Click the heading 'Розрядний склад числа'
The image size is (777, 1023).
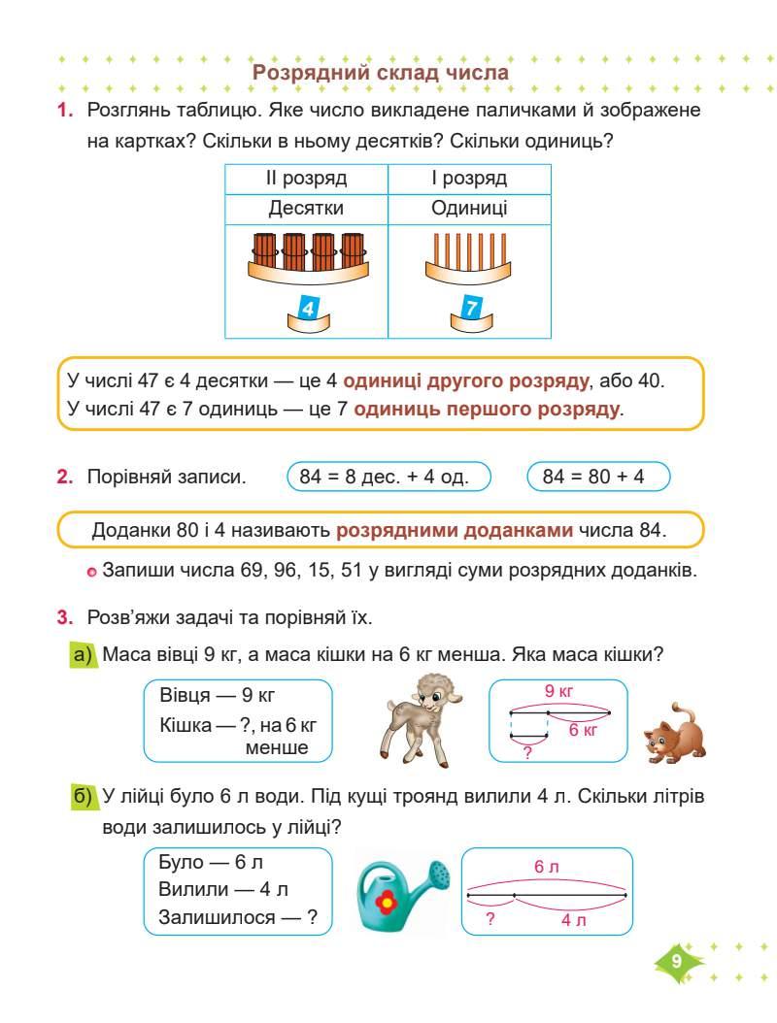(x=381, y=72)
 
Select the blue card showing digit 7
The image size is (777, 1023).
(x=471, y=309)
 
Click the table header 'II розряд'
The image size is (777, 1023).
(x=307, y=179)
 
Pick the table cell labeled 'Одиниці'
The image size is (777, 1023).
(x=469, y=208)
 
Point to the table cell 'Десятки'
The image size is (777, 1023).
(x=307, y=208)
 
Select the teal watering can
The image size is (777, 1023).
(x=400, y=894)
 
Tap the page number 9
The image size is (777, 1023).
(x=676, y=961)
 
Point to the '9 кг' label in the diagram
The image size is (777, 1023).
(x=558, y=692)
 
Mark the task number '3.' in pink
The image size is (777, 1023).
(x=64, y=616)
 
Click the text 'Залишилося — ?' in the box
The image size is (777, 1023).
(x=238, y=916)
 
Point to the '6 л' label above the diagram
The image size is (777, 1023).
(x=546, y=867)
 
